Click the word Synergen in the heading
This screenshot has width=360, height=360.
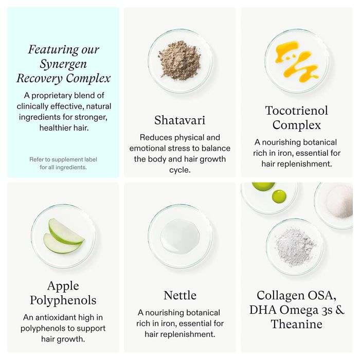(63, 64)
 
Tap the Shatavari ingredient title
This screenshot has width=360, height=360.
(180, 120)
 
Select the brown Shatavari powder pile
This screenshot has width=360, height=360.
(179, 61)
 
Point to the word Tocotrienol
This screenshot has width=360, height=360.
(297, 111)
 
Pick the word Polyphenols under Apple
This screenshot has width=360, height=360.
(63, 300)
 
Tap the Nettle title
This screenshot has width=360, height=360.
(180, 295)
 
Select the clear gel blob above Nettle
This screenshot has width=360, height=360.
(180, 237)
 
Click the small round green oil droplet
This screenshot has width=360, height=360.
(279, 196)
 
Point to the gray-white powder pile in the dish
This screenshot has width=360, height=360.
(295, 247)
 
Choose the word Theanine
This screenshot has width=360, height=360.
(297, 324)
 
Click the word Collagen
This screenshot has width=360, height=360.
(280, 296)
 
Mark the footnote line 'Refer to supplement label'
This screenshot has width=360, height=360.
(63, 159)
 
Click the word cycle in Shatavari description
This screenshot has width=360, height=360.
(180, 170)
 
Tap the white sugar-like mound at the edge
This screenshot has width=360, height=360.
(339, 202)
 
